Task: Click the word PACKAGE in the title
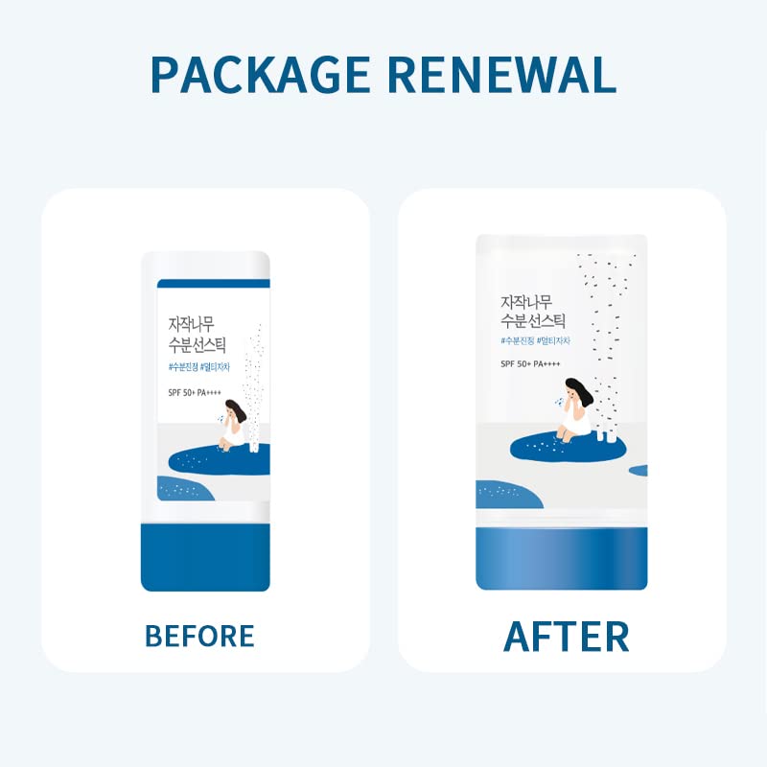pyautogui.click(x=263, y=75)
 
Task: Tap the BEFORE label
pyautogui.click(x=199, y=635)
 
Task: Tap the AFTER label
pyautogui.click(x=566, y=637)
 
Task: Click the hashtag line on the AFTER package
pyautogui.click(x=541, y=339)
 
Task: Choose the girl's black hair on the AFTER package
pyautogui.click(x=577, y=389)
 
